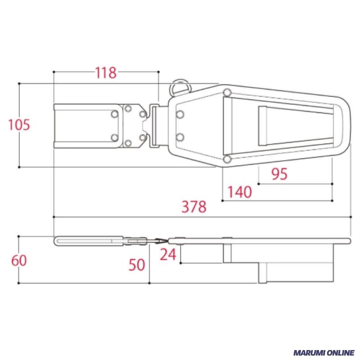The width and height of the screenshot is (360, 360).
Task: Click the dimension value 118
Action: click(106, 73)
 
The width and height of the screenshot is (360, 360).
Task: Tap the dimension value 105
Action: click(19, 125)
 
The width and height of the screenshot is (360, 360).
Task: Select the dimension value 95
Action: click(279, 174)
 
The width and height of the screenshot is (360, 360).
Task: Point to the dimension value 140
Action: click(239, 192)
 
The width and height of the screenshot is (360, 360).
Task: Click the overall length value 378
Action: click(194, 207)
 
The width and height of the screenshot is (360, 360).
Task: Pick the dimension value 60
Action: click(19, 261)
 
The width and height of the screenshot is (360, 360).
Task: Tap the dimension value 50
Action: click(137, 265)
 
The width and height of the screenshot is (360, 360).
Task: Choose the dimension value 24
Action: click(168, 254)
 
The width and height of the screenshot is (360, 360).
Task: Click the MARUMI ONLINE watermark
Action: click(324, 352)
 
